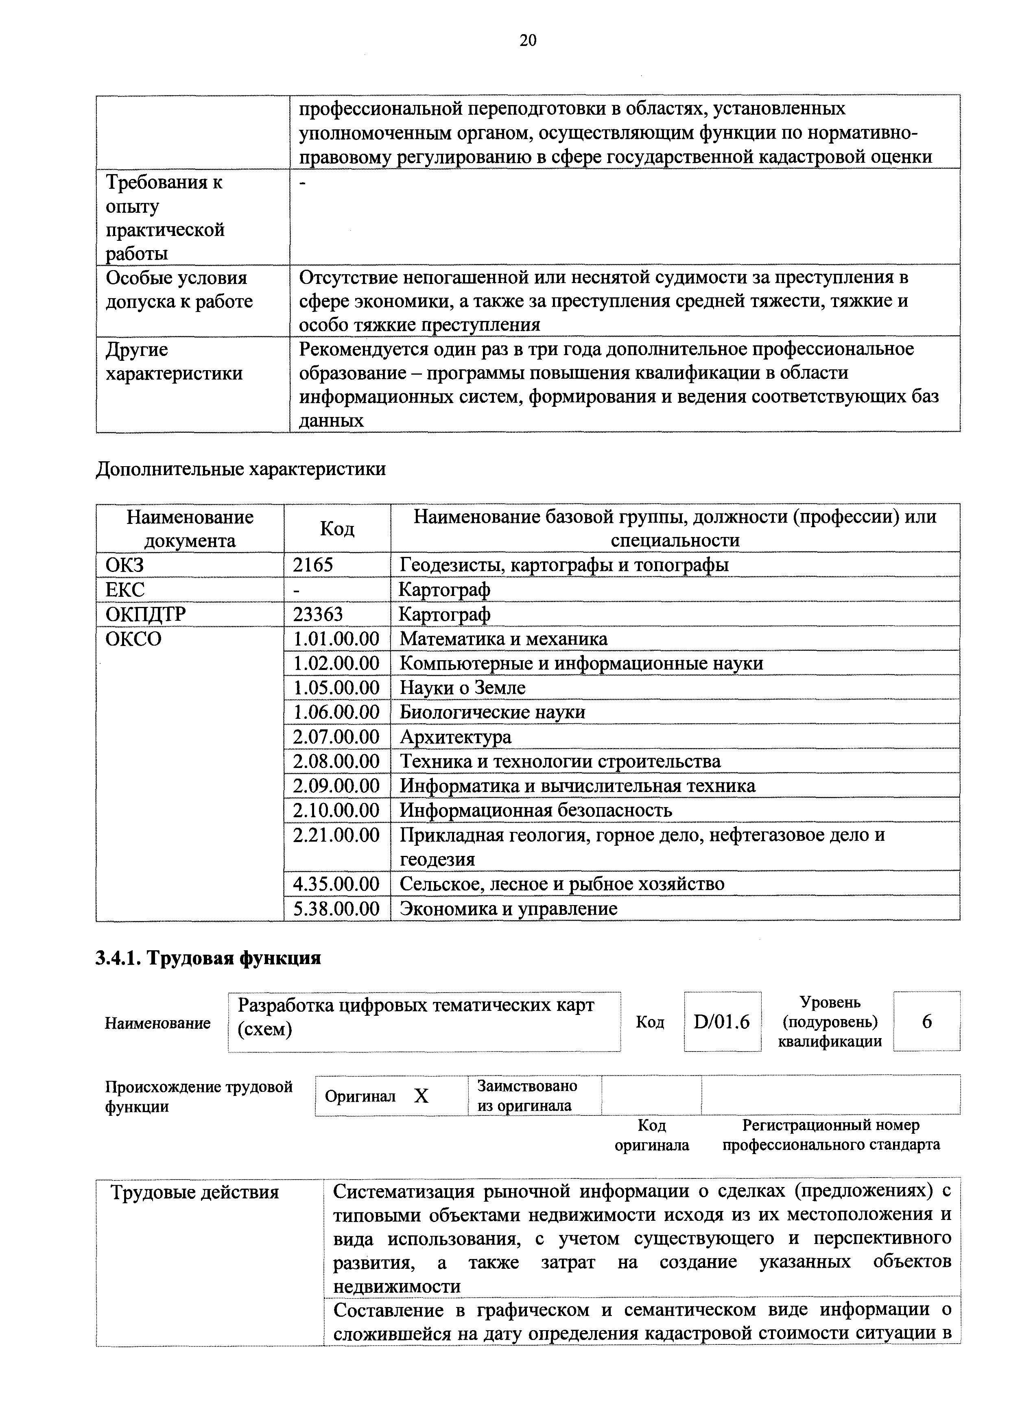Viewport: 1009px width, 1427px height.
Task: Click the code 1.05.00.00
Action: point(336,687)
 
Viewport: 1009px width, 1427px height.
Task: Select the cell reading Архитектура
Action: point(455,737)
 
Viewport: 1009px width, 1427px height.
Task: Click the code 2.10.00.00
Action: point(336,810)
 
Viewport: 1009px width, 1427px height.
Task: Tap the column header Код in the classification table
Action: point(337,529)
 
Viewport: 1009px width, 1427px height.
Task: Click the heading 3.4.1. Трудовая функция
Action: point(208,958)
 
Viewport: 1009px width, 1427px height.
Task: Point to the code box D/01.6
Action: point(721,1022)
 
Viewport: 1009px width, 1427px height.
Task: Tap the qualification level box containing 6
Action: point(926,1022)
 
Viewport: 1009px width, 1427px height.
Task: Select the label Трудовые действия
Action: point(194,1193)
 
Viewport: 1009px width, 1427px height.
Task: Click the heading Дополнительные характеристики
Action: point(240,469)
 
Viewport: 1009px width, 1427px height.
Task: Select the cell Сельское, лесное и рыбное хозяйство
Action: point(561,884)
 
